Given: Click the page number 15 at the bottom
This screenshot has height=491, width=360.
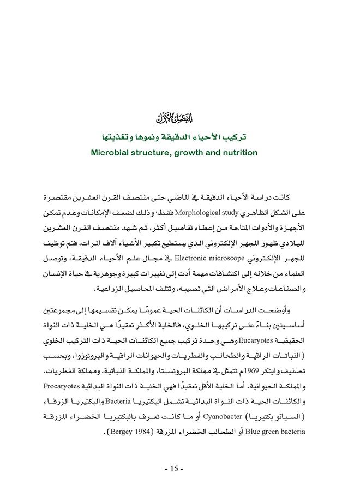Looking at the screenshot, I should coord(175,469).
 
